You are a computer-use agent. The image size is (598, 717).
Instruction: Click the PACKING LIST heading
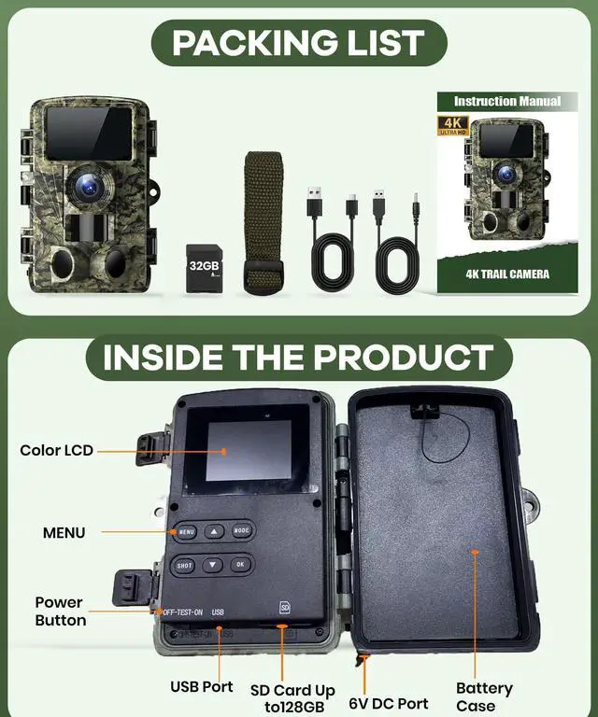pyautogui.click(x=298, y=42)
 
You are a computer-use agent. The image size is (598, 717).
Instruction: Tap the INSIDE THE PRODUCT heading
pyautogui.click(x=298, y=358)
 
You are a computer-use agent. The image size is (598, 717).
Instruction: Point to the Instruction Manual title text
pyautogui.click(x=507, y=101)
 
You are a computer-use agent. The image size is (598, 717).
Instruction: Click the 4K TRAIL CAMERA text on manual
pyautogui.click(x=507, y=274)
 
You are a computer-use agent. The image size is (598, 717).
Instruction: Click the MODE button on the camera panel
pyautogui.click(x=241, y=530)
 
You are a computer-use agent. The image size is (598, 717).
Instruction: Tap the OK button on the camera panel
pyautogui.click(x=241, y=565)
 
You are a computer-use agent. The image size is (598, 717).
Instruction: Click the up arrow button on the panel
pyautogui.click(x=213, y=530)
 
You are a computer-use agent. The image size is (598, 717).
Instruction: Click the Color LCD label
pyautogui.click(x=57, y=450)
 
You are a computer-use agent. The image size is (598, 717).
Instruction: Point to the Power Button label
pyautogui.click(x=61, y=611)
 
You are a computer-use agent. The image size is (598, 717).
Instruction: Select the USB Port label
pyautogui.click(x=202, y=686)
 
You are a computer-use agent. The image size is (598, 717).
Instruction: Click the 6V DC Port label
pyautogui.click(x=388, y=702)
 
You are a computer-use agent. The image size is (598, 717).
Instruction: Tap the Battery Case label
pyautogui.click(x=484, y=696)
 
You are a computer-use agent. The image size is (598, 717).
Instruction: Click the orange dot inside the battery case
pyautogui.click(x=475, y=552)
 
